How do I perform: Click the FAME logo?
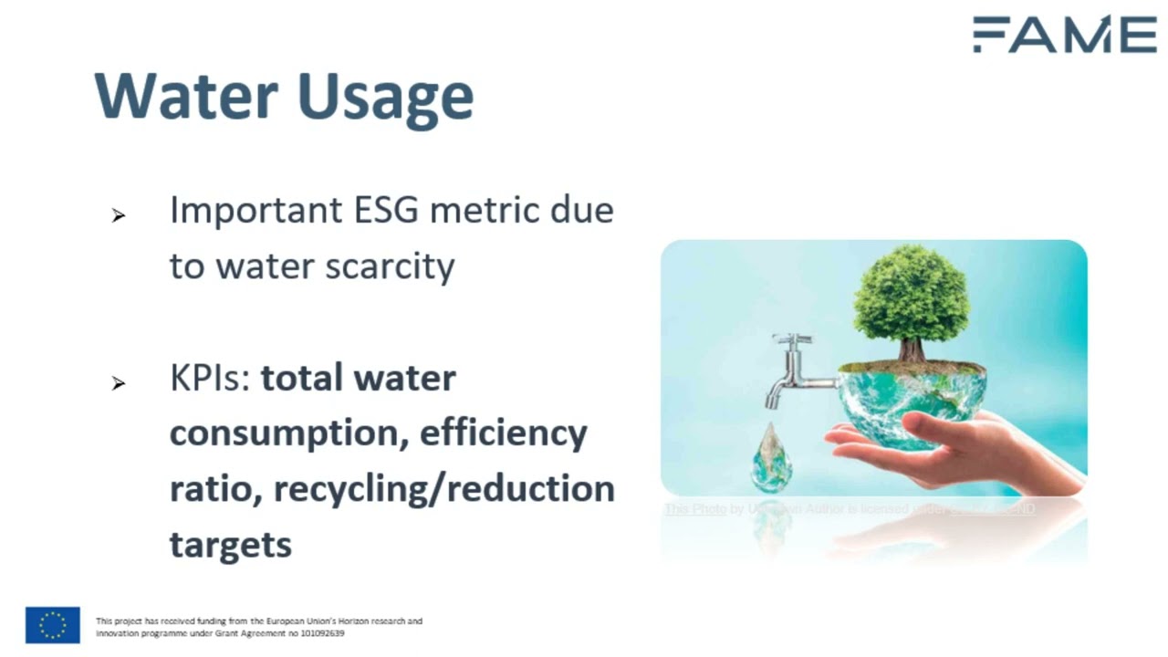click(1064, 35)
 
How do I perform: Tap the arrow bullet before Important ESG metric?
click(118, 216)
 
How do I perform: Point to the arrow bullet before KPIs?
click(118, 384)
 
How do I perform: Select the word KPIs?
click(209, 378)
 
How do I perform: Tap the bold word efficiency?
click(503, 434)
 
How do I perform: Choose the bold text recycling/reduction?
click(443, 489)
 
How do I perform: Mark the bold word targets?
click(230, 546)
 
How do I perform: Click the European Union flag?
click(52, 625)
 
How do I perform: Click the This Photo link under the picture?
click(694, 509)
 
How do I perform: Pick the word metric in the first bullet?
click(472, 211)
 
